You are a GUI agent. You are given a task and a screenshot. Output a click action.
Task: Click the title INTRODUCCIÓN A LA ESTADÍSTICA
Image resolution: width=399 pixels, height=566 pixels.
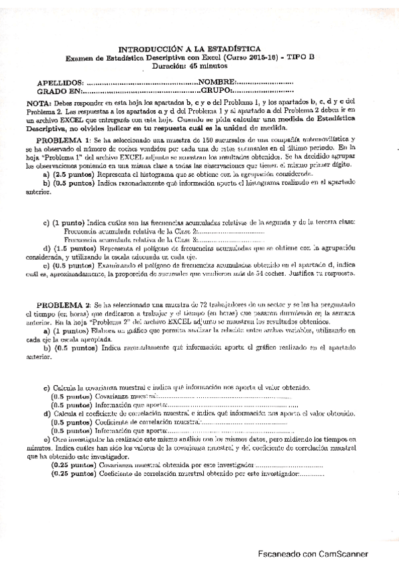[x=199, y=49]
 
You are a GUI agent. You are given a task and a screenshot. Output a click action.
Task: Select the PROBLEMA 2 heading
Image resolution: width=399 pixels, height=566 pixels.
[x=63, y=304]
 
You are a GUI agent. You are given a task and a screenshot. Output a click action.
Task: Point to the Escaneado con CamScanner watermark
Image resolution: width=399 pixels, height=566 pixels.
[x=322, y=554]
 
